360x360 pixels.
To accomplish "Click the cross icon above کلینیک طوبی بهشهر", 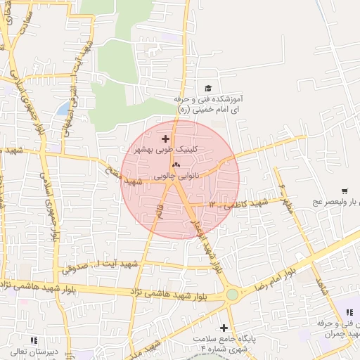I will click(x=165, y=139).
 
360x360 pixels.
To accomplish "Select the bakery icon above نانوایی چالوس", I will click(x=176, y=165).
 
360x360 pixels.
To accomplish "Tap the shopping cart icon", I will click(x=344, y=191).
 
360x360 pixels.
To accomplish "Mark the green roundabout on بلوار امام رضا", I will click(x=231, y=295).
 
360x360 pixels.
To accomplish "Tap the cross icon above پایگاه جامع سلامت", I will click(x=224, y=328).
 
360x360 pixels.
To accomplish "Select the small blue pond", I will click(x=64, y=109).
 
